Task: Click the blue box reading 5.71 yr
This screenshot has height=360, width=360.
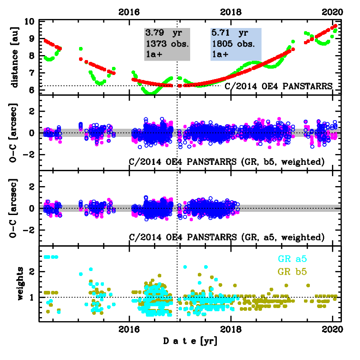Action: [x=236, y=44]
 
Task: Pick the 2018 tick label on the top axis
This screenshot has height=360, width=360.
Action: [x=233, y=12]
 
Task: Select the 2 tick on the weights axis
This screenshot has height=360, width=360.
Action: [x=33, y=272]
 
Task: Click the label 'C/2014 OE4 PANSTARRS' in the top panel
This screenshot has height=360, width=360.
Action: [x=279, y=86]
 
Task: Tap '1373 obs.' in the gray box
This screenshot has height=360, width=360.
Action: [x=164, y=44]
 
